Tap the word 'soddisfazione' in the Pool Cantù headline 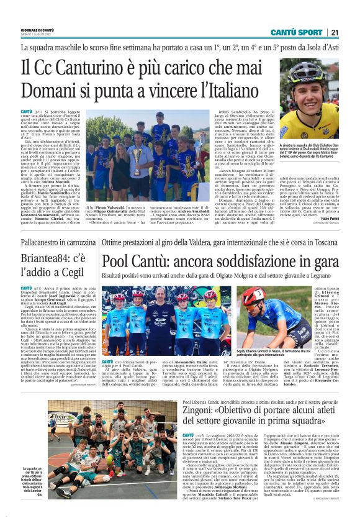tap(271, 261)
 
